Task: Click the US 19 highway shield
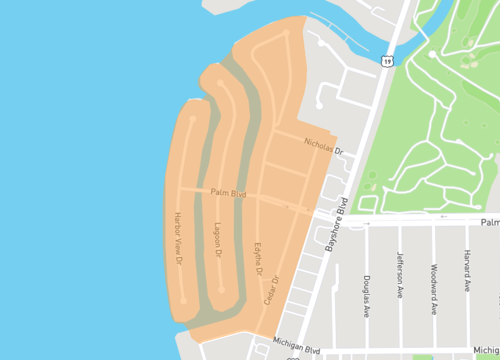click(386, 61)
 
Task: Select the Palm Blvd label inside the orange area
click(228, 193)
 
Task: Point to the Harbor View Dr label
click(177, 238)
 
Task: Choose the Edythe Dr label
click(258, 250)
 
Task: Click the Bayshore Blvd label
click(338, 229)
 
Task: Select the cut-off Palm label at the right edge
click(489, 223)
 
